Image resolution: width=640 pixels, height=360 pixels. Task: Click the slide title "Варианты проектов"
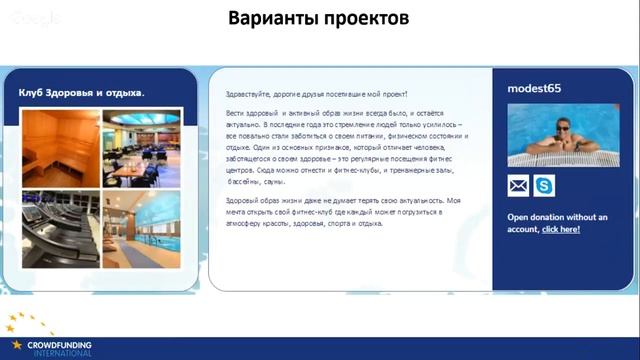(319, 19)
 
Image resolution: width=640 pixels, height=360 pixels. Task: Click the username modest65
(534, 88)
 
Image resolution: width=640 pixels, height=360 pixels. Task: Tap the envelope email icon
(518, 186)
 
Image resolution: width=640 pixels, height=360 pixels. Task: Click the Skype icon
(544, 186)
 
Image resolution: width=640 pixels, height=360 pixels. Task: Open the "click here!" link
(560, 229)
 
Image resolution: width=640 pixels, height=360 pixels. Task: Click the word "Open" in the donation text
(518, 216)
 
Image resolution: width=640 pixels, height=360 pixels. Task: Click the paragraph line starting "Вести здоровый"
(340, 114)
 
